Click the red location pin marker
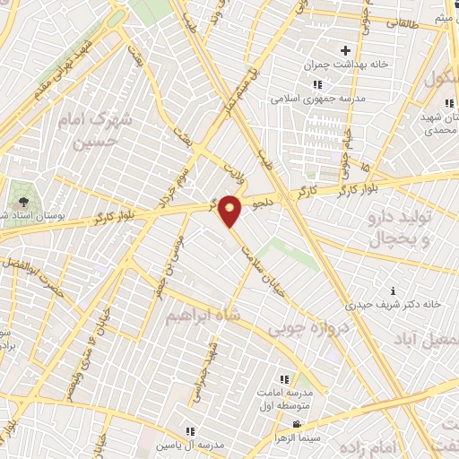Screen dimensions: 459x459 (x=230, y=209)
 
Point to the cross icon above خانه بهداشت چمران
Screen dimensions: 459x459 (x=344, y=50)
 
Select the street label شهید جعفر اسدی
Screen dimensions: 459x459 (x=217, y=367)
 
